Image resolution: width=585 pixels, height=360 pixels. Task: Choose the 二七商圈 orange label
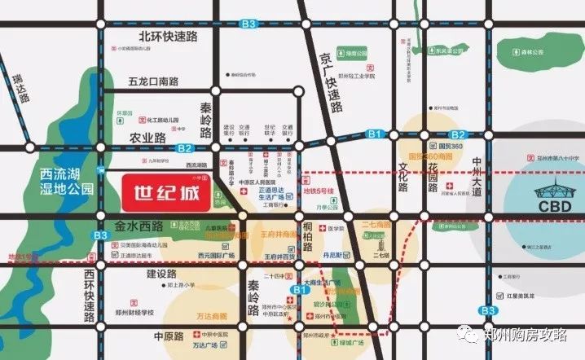pyautogui.click(x=380, y=223)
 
